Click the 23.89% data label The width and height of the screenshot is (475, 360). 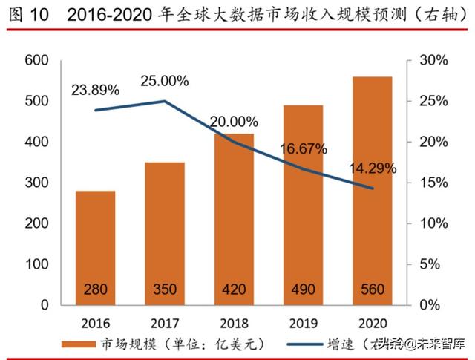pos(96,91)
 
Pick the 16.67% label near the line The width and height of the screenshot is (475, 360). pos(303,149)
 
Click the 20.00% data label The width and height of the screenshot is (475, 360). pos(234,122)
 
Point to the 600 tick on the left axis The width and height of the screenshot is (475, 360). pos(36,60)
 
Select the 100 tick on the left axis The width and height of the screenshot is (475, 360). pos(36,264)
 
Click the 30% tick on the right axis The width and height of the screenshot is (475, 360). pos(430,60)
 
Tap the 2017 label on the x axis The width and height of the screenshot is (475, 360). pos(164,322)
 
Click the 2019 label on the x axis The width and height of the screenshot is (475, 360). pos(303,322)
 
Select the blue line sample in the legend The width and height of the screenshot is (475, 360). pos(301,344)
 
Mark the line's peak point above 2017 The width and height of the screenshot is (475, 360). pos(164,102)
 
